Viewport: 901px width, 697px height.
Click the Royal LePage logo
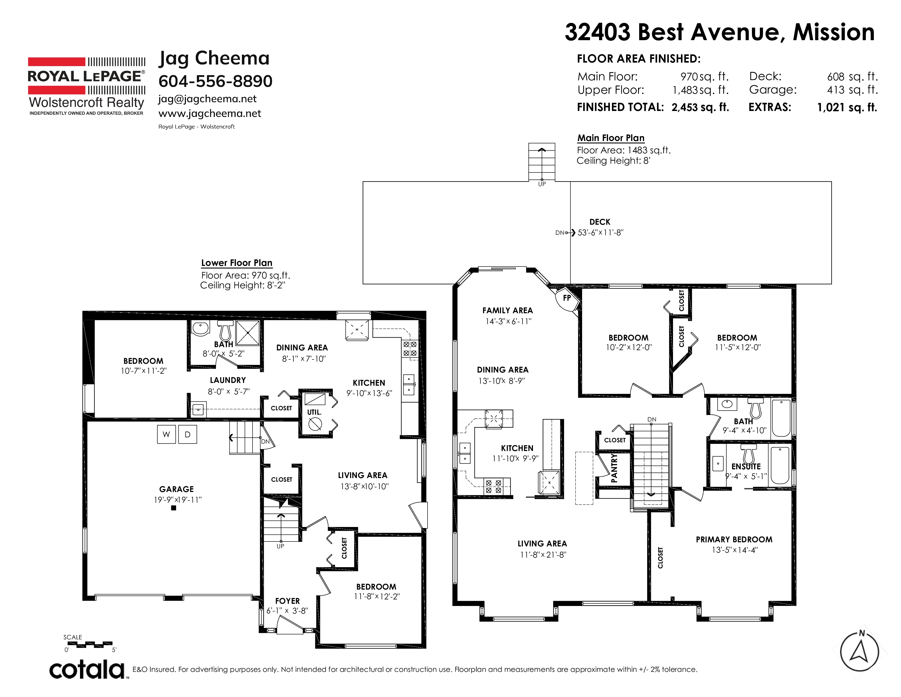coord(87,86)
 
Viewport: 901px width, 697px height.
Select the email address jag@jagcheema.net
coord(207,99)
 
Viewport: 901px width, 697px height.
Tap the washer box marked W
coord(166,434)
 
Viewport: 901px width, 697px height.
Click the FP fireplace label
coord(567,298)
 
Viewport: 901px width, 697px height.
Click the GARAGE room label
coord(177,489)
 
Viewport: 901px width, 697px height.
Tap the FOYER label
coord(288,601)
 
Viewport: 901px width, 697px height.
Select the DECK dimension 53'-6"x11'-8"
coord(600,233)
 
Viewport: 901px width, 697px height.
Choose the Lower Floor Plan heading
coord(237,263)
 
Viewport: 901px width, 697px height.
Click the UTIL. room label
coord(314,412)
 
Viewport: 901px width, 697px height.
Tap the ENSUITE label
coord(746,467)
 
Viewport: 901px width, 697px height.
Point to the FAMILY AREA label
coord(508,311)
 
